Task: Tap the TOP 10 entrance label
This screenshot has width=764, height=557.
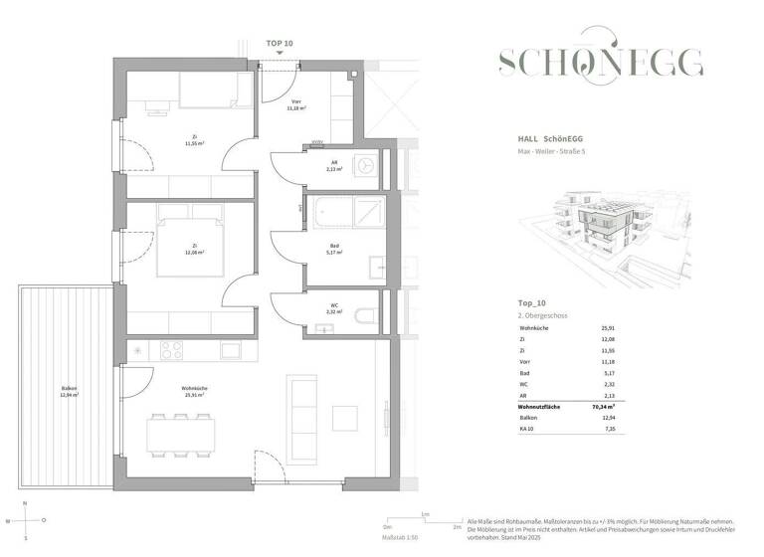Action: coord(280,44)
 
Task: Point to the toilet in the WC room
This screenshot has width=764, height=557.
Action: coord(365,316)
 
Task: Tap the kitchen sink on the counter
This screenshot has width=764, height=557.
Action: coord(231,349)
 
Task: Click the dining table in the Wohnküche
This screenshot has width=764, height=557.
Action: coord(184,435)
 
